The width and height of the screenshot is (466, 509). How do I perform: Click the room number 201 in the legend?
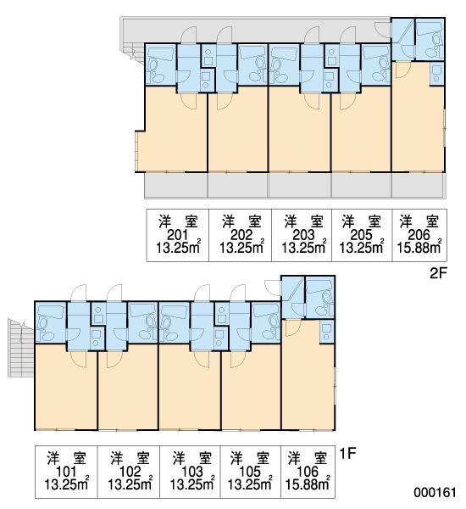(x=177, y=235)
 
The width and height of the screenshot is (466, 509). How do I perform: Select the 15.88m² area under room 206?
(x=419, y=248)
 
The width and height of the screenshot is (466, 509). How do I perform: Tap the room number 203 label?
(x=303, y=235)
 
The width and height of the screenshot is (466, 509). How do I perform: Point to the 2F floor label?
(x=438, y=273)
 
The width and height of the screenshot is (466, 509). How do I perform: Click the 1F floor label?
(x=348, y=453)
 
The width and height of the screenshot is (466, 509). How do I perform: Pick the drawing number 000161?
(x=435, y=492)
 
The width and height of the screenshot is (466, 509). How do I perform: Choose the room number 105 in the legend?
(x=250, y=472)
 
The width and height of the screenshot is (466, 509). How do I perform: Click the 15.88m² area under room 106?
(x=308, y=484)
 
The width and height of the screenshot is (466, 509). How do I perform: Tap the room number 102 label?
(x=130, y=472)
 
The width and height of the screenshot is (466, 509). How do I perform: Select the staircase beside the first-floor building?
(x=20, y=348)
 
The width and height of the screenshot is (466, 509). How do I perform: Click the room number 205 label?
(x=361, y=235)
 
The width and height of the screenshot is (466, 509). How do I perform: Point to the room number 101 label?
(x=66, y=472)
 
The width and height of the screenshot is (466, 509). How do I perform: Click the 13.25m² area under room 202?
(x=242, y=248)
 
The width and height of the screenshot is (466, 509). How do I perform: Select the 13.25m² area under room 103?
(x=192, y=484)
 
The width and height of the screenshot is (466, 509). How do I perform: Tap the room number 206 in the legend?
(x=419, y=235)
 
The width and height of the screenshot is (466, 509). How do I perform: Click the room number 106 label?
(x=308, y=472)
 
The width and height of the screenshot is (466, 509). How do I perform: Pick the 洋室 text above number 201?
(x=178, y=221)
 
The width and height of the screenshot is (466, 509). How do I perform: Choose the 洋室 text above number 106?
(x=308, y=458)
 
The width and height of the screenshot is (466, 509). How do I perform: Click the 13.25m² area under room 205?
(x=361, y=248)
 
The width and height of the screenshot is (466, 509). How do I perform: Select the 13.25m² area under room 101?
(x=66, y=484)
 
